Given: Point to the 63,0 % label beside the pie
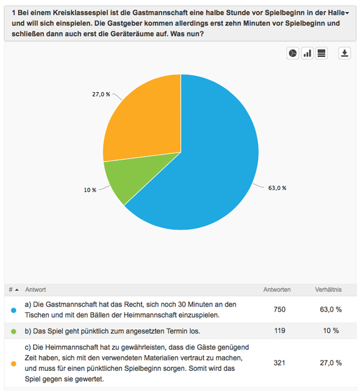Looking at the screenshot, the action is click(x=277, y=188).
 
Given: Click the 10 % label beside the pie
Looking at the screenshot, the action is click(x=90, y=190).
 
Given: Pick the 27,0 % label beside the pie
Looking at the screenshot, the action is click(x=101, y=94).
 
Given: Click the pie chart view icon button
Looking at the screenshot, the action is click(x=293, y=53).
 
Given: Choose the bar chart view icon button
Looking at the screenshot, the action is click(x=307, y=53).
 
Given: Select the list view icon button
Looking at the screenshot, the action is click(x=322, y=53).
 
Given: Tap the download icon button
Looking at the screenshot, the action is click(x=345, y=53).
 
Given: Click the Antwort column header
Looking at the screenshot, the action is click(x=35, y=290).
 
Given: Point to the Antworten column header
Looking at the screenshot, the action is click(x=277, y=290).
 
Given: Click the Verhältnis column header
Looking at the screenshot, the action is click(x=328, y=290).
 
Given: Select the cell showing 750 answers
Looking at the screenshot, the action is click(x=279, y=310).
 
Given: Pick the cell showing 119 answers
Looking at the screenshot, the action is click(x=279, y=331).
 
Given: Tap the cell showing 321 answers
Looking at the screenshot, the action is click(x=279, y=363).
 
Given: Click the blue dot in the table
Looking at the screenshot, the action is click(x=13, y=310).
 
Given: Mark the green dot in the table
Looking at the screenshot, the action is click(x=13, y=331).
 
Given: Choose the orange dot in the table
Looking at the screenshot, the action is click(x=13, y=364).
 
